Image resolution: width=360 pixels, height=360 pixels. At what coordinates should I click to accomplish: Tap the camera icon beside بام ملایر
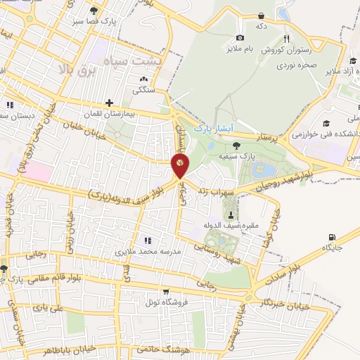[240, 37]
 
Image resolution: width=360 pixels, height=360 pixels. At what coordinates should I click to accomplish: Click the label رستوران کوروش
[282, 51]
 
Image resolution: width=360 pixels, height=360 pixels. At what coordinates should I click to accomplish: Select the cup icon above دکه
[262, 15]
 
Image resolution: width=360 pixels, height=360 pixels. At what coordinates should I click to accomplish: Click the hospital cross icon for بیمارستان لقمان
[109, 103]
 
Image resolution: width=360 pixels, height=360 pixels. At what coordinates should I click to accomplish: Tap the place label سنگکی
[143, 91]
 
